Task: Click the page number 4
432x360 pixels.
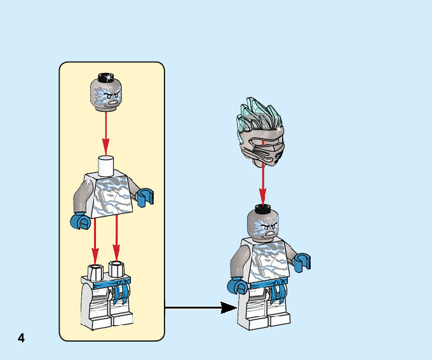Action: coord(21,338)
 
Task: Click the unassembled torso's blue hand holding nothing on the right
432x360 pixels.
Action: coord(145,197)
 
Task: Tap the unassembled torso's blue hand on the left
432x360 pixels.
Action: coord(81,222)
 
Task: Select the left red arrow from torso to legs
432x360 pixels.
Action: coord(95,238)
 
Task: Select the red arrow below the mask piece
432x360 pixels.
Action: coord(262,183)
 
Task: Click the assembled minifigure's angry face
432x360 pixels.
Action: coord(264,226)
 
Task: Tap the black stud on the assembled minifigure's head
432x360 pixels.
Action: coord(262,209)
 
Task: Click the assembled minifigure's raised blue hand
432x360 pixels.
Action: coord(302,261)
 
